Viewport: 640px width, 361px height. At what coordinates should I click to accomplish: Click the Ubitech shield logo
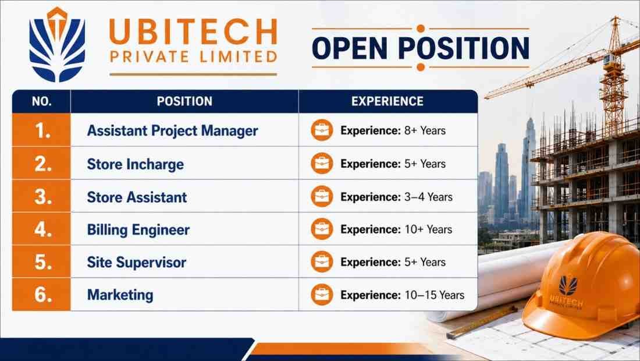tap(57, 45)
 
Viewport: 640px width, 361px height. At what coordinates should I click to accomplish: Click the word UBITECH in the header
tap(194, 32)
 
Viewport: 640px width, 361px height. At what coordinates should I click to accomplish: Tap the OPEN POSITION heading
tap(421, 48)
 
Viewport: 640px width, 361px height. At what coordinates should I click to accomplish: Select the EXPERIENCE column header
tap(387, 101)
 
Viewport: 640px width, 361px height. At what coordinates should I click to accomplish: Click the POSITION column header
tap(184, 101)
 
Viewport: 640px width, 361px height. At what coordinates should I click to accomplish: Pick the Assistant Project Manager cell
tap(172, 130)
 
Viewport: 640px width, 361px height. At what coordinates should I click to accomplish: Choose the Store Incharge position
tap(135, 164)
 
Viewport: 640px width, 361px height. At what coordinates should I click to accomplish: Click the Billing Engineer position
tap(138, 229)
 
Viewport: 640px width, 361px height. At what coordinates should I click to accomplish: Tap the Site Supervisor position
tap(136, 262)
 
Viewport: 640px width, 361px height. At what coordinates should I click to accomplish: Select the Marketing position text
tap(120, 295)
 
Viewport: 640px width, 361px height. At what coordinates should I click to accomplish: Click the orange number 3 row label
tap(42, 197)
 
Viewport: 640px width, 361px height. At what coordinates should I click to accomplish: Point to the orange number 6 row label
tap(43, 295)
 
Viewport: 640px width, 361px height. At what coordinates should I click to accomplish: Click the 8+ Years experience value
tap(425, 130)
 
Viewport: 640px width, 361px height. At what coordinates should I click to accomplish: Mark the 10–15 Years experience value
tap(434, 295)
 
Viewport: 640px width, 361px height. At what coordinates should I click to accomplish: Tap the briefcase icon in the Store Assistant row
tap(322, 196)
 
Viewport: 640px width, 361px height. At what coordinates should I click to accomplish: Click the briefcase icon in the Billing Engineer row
tap(322, 229)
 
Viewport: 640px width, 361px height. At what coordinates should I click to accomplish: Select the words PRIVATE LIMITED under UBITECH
tap(194, 56)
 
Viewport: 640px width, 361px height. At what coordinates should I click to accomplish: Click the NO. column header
tap(42, 101)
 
